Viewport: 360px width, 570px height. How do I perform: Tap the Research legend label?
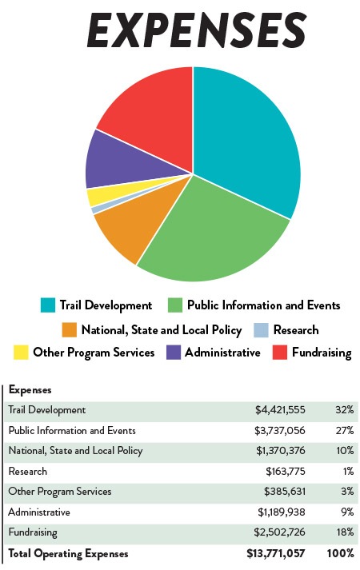coord(296,329)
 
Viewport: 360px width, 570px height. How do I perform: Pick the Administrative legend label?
coord(223,353)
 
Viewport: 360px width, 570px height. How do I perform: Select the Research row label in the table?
coord(28,471)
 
